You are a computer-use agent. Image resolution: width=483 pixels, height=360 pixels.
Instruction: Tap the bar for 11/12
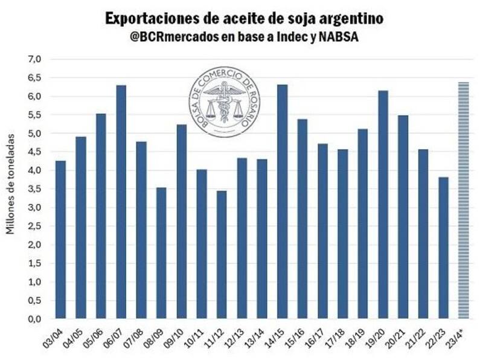(x=222, y=254)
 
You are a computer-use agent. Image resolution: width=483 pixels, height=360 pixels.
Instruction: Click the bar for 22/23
(x=443, y=247)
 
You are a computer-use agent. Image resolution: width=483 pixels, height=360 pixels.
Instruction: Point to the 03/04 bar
(x=60, y=239)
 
